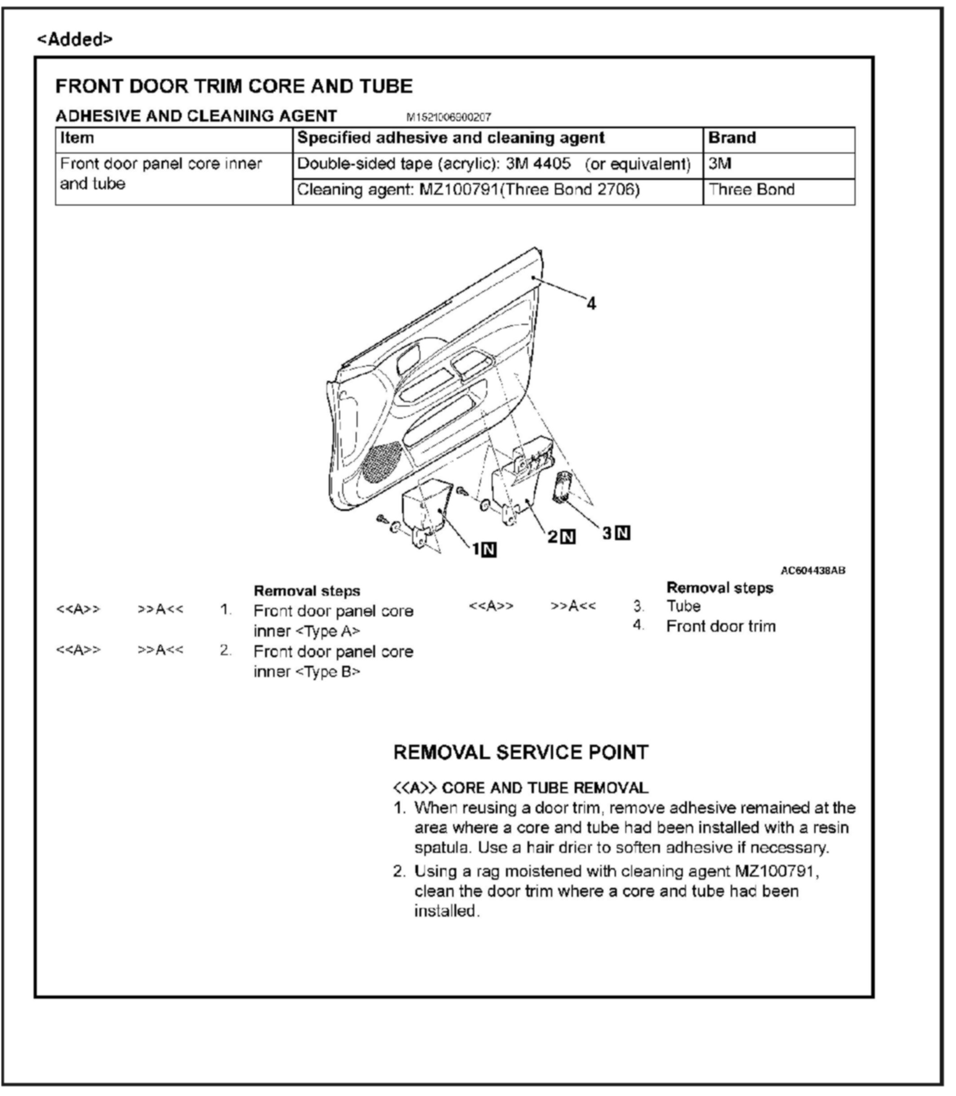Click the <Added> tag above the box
(x=74, y=39)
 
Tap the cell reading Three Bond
(x=751, y=189)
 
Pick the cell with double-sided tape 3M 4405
(x=493, y=164)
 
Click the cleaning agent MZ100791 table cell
(x=468, y=189)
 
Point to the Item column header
(x=77, y=138)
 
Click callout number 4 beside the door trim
(x=591, y=304)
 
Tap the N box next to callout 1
(x=489, y=550)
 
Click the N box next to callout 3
(x=623, y=533)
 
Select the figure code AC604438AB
(x=812, y=570)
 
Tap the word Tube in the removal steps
(x=683, y=606)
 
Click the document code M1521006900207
(x=448, y=117)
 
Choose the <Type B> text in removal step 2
(x=327, y=671)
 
